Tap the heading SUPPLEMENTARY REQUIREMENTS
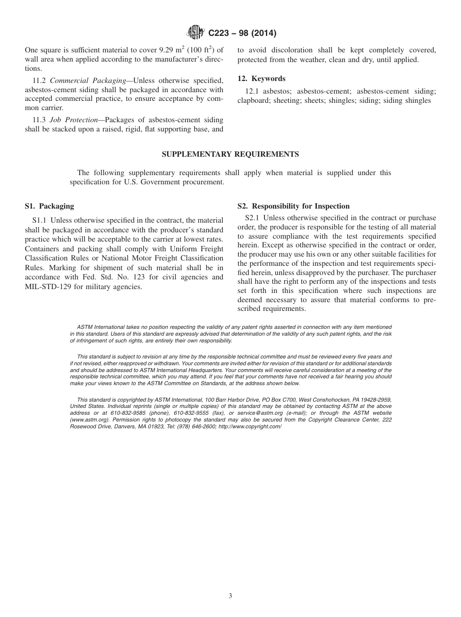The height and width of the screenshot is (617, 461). click(x=230, y=154)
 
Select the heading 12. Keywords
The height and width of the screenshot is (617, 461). click(x=261, y=79)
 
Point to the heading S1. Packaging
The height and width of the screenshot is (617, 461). click(x=49, y=206)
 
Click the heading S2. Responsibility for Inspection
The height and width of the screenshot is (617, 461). click(x=293, y=206)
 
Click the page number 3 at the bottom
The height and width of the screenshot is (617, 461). click(x=230, y=596)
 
